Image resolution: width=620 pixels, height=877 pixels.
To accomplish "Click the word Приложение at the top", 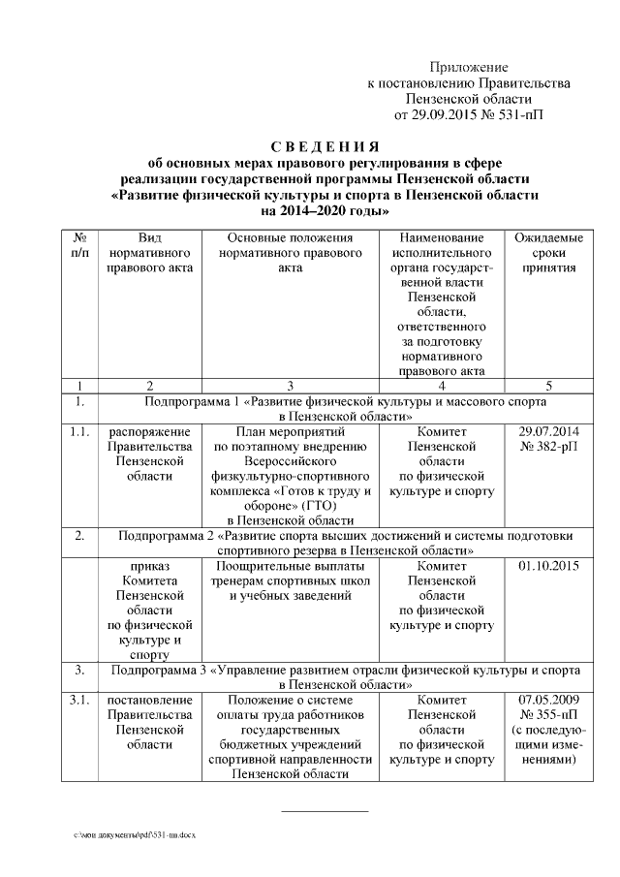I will tap(469, 67).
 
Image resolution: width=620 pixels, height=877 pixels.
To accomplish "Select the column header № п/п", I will tap(80, 245).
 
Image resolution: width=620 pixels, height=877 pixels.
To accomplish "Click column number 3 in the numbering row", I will tap(289, 385).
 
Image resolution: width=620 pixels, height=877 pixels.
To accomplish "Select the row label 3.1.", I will tap(80, 700).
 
